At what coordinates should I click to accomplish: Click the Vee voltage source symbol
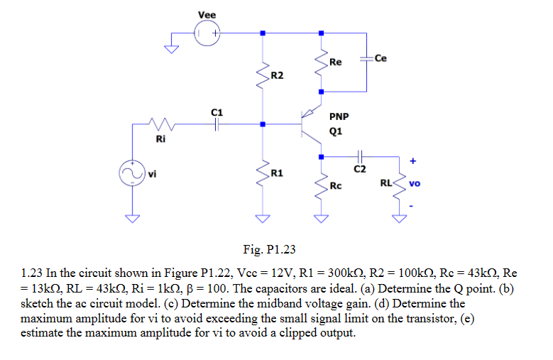pyautogui.click(x=208, y=33)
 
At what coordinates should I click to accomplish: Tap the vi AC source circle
pyautogui.click(x=131, y=173)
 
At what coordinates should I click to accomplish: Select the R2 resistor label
pyautogui.click(x=277, y=75)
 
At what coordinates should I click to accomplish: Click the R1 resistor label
pyautogui.click(x=277, y=173)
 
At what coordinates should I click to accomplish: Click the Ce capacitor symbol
pyautogui.click(x=366, y=58)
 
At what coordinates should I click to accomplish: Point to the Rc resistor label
pyautogui.click(x=336, y=187)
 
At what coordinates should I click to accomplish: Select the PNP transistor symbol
pyautogui.click(x=310, y=124)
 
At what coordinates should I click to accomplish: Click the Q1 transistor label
pyautogui.click(x=336, y=131)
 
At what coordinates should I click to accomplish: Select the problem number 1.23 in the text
pyautogui.click(x=32, y=272)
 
